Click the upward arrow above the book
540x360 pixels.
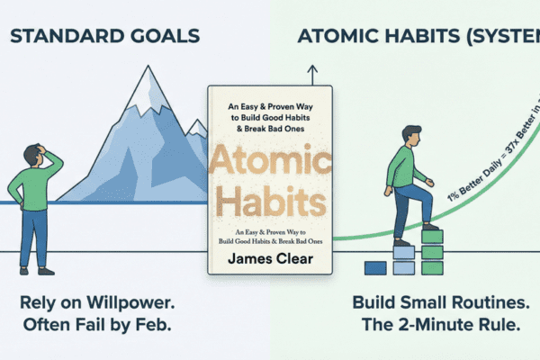[x=311, y=72]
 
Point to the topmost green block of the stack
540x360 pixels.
[x=432, y=237]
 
